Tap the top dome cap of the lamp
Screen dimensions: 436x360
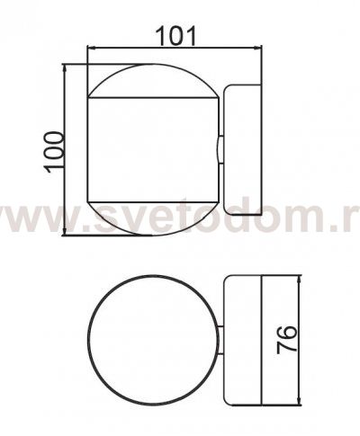coord(151,78)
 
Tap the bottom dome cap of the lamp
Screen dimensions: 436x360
coord(151,218)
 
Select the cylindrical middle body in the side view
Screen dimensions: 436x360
coord(151,148)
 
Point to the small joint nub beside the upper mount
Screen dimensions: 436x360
coord(218,148)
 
